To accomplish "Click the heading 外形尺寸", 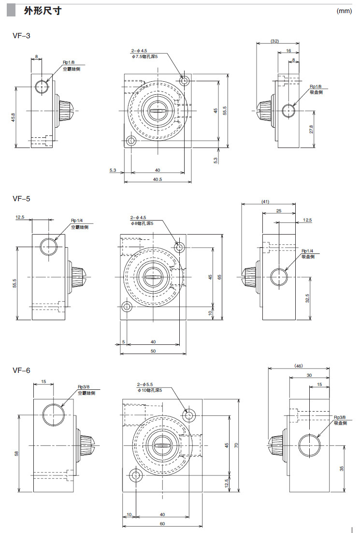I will (x=43, y=11).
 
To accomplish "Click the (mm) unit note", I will (x=344, y=11).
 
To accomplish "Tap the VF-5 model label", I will (x=21, y=198).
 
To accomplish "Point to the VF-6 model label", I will (x=21, y=370).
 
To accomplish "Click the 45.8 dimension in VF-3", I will (x=13, y=117).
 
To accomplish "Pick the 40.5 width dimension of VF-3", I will (x=157, y=179).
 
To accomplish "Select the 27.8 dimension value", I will (x=312, y=130).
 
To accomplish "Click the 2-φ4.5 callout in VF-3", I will (x=138, y=51).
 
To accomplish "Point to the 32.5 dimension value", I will (x=308, y=298).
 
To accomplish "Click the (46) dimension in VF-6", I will (x=298, y=366).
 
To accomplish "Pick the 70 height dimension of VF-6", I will (x=236, y=445).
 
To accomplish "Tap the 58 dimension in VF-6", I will (x=16, y=453).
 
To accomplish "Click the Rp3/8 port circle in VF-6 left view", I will (x=53, y=414).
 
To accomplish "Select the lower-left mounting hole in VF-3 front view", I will (x=131, y=141).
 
